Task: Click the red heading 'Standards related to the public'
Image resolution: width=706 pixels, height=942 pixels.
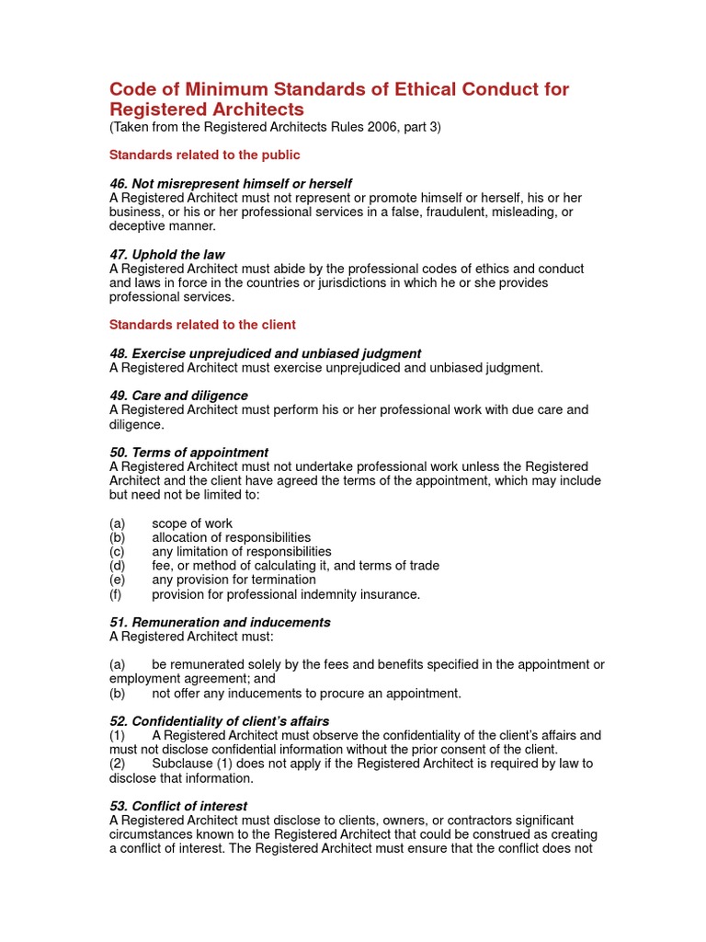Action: pyautogui.click(x=204, y=155)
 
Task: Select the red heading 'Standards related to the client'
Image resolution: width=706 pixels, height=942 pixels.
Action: pyautogui.click(x=202, y=325)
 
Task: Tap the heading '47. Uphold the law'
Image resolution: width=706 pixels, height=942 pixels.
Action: pyautogui.click(x=166, y=254)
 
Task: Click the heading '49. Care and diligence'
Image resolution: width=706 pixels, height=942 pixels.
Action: pyautogui.click(x=178, y=396)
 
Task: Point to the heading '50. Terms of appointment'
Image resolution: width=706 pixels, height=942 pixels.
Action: pyautogui.click(x=188, y=453)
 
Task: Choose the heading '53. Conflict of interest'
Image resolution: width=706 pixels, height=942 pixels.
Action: pyautogui.click(x=178, y=806)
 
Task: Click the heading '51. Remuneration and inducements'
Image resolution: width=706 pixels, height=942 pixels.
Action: pyautogui.click(x=220, y=623)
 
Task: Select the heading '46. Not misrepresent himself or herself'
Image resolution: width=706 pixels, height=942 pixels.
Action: pyautogui.click(x=230, y=184)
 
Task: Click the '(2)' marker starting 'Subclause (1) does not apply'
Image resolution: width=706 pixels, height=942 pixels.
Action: pyautogui.click(x=117, y=764)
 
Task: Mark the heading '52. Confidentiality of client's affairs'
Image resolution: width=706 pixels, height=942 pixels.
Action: pyautogui.click(x=219, y=721)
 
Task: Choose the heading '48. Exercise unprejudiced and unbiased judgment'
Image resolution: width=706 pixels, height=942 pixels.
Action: pyautogui.click(x=265, y=353)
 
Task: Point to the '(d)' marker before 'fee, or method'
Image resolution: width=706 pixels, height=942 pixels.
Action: pyautogui.click(x=117, y=566)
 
